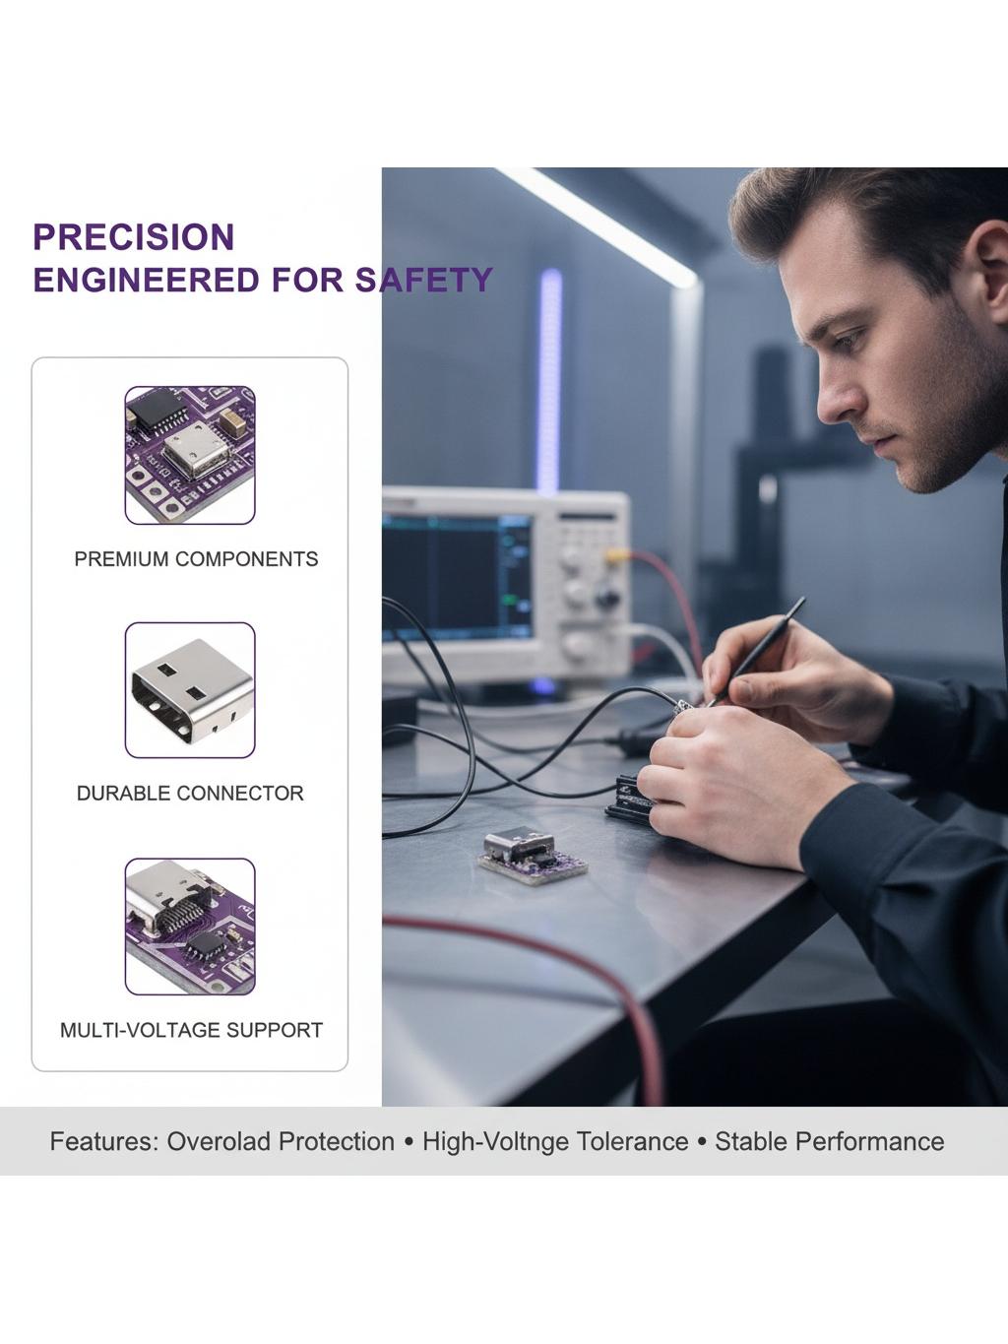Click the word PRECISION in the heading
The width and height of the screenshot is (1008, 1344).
pos(134,237)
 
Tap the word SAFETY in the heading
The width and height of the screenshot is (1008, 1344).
pos(423,280)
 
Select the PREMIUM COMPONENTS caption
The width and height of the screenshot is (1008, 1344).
pos(196,559)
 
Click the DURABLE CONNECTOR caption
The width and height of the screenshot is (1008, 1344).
pos(190,793)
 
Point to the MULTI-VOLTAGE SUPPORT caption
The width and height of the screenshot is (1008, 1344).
pos(191,1030)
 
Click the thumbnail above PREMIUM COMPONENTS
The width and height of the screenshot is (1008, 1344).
pos(190,455)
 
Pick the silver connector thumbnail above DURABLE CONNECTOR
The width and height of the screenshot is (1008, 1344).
pos(190,690)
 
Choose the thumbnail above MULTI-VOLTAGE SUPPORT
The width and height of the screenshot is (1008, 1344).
pos(190,927)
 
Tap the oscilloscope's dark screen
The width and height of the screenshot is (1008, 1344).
pos(457,576)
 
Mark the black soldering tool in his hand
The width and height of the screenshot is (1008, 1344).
pos(756,652)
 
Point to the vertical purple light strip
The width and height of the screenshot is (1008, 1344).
pos(549,380)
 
